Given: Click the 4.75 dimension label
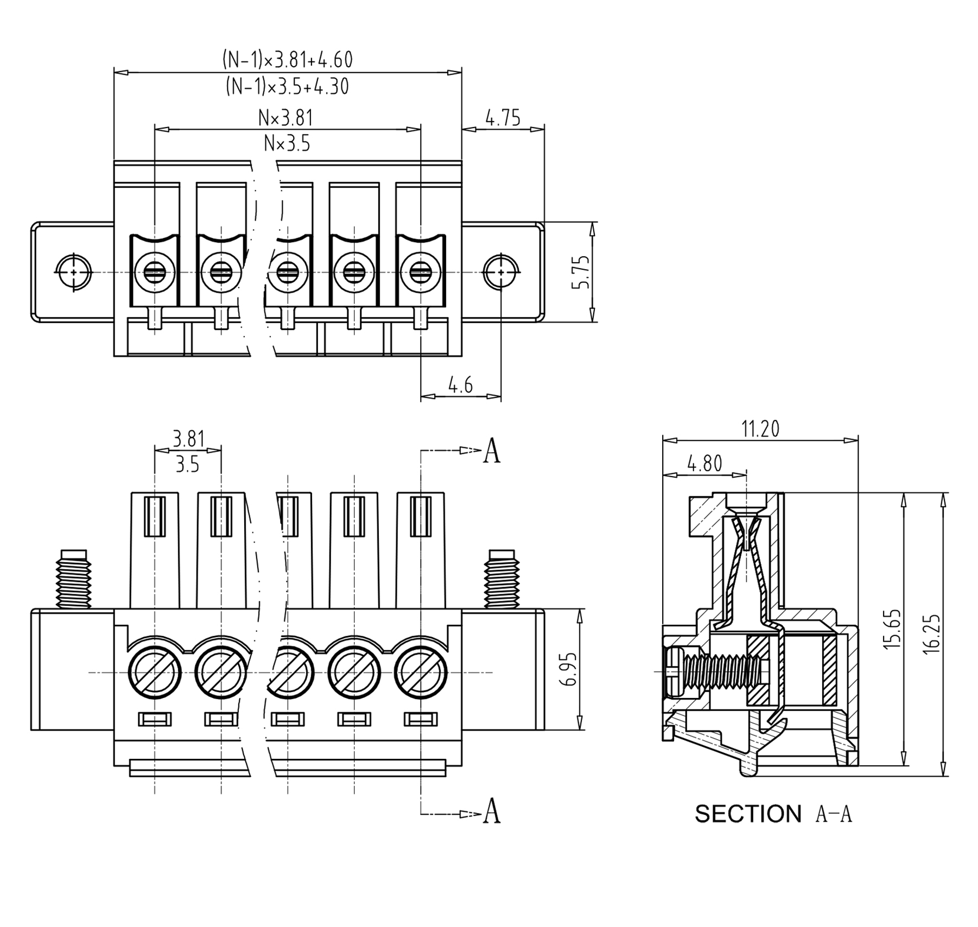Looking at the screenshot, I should tap(503, 118).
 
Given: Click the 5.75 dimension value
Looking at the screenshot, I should tap(581, 272).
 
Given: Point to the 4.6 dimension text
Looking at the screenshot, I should tap(460, 385).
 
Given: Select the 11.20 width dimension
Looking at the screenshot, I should tap(760, 429).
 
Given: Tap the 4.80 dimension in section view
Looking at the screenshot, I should tap(704, 463).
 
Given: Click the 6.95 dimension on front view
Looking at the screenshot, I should tap(570, 669).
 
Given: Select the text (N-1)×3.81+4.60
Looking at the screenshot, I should tap(288, 59).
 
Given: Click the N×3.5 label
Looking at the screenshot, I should tap(287, 144).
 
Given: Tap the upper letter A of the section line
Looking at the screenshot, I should tap(492, 450).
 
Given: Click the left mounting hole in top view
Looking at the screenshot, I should tap(73, 271).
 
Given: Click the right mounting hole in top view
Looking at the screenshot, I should tap(500, 271).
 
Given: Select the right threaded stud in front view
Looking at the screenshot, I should tap(501, 579).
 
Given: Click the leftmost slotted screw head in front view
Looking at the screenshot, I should tap(155, 672).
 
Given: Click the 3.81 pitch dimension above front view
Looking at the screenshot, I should tap(188, 439).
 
